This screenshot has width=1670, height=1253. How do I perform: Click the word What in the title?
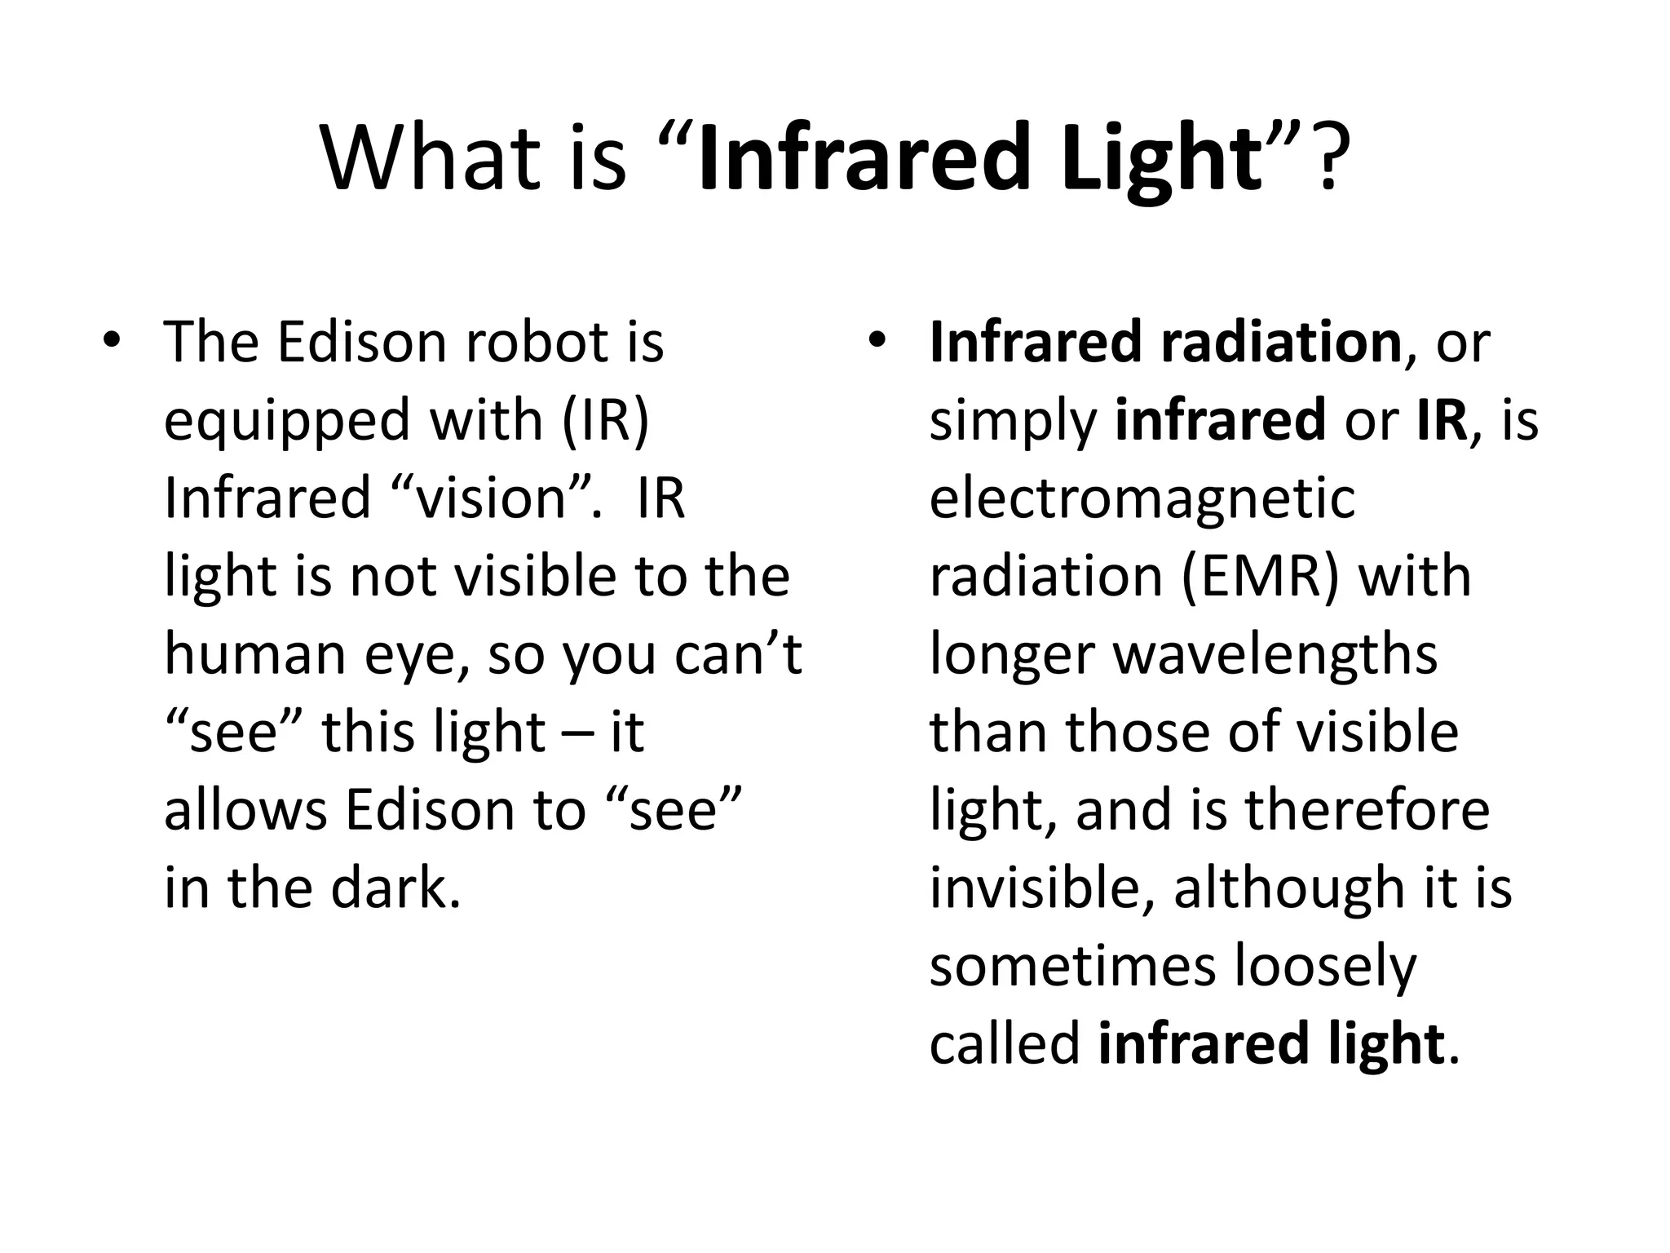pos(432,157)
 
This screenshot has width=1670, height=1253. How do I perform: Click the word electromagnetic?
pos(1142,498)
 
